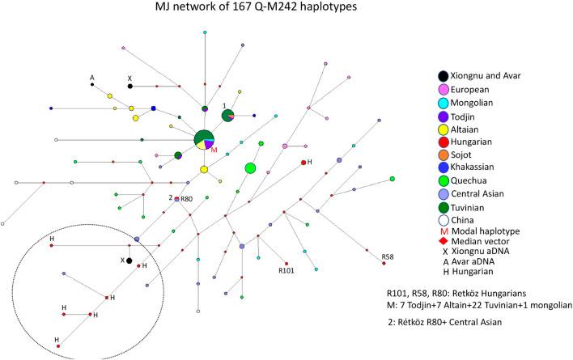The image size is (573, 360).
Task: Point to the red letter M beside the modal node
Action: click(x=214, y=150)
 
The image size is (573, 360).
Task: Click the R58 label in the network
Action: click(x=389, y=258)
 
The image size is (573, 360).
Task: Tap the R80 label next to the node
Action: click(x=186, y=199)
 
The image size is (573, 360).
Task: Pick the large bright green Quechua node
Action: click(x=251, y=168)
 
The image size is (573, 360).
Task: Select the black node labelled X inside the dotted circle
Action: click(x=129, y=260)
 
